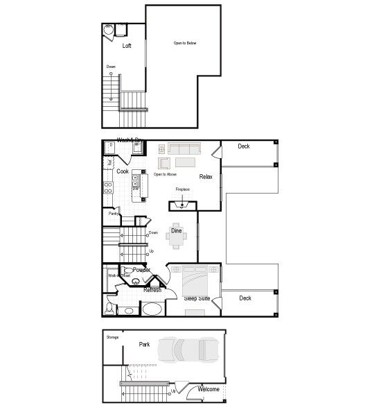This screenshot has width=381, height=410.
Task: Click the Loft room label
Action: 127,46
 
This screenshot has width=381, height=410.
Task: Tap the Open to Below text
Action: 185,43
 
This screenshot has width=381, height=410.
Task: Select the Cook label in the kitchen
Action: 123,171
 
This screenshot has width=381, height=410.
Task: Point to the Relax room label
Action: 206,177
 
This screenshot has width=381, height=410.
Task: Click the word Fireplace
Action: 182,189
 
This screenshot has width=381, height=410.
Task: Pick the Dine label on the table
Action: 177,230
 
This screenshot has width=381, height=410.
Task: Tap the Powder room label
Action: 141,270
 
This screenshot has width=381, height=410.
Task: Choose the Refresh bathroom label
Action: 152,290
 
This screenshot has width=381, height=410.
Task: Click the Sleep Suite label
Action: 197,298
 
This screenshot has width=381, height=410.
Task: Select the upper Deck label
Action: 244,146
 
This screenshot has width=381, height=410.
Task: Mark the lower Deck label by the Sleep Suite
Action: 245,298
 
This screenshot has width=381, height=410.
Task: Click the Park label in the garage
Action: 144,344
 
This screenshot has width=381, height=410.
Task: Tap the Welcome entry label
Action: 209,389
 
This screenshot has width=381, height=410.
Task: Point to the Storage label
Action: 112,337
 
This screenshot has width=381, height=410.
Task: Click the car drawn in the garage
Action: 189,350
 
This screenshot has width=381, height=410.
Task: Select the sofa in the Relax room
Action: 184,149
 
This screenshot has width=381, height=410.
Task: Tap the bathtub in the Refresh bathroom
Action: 152,309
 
